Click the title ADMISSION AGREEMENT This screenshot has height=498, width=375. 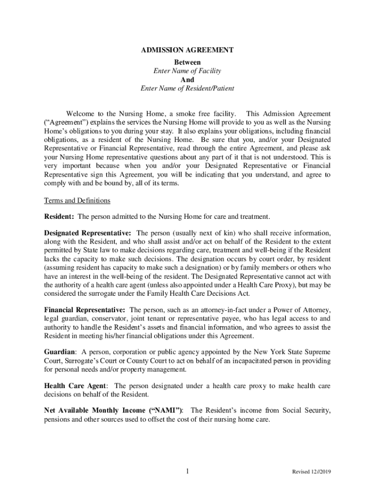click(187, 50)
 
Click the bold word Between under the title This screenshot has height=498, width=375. click(187, 62)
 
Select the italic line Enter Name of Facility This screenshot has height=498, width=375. click(187, 71)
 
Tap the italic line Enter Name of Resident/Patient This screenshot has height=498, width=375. click(187, 89)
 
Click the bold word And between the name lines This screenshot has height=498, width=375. click(187, 80)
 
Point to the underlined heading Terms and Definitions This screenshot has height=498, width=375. click(77, 200)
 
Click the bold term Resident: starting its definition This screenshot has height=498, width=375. click(59, 216)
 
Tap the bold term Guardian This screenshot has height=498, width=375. click(59, 352)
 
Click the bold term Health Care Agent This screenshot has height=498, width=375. click(75, 386)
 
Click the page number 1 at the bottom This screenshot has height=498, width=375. click(187, 471)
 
